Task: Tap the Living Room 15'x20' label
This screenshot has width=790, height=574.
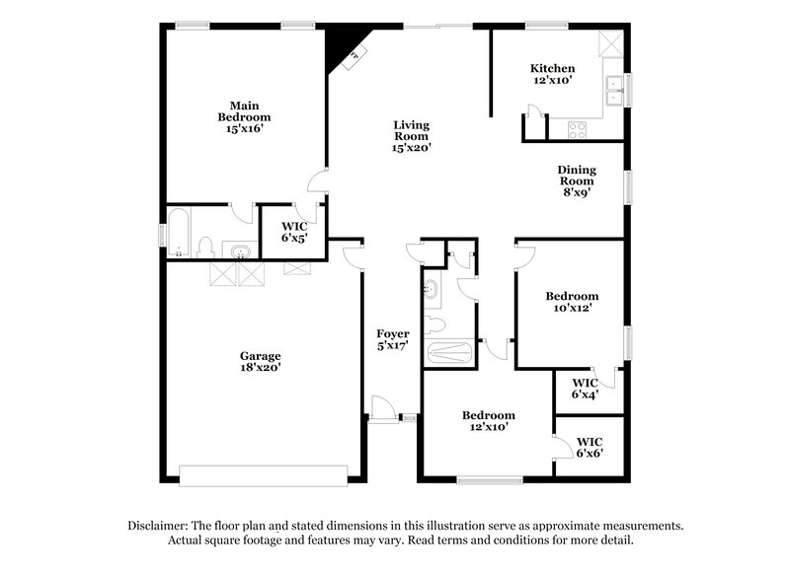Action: pos(411,136)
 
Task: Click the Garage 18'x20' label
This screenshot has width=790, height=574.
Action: pos(261,361)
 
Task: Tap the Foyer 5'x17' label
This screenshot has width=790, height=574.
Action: pos(393,339)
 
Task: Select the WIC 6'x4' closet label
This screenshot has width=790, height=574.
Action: pos(586,389)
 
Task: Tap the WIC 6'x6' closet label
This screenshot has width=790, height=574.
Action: pos(590,447)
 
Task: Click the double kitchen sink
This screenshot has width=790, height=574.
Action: pos(616,89)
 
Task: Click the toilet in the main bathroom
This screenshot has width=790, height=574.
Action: pos(205,247)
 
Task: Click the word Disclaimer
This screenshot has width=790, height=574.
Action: pos(160,527)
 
